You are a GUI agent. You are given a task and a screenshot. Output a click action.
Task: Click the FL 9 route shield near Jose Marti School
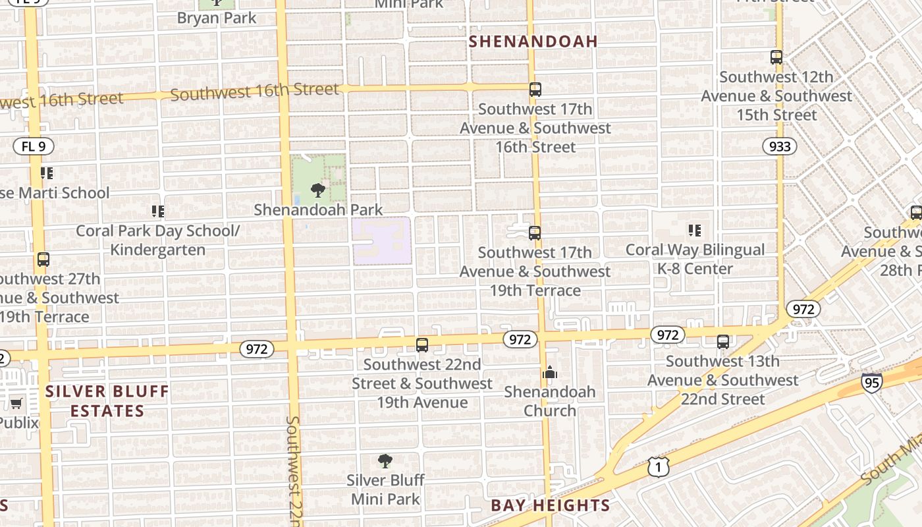pos(33,146)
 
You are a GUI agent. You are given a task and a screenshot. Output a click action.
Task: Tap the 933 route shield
pos(780,146)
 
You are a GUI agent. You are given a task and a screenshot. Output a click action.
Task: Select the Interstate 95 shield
pos(871,383)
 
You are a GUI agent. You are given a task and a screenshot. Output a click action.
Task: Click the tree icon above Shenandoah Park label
pos(318,191)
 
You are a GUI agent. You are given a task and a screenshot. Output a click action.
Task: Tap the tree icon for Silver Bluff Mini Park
pos(385,461)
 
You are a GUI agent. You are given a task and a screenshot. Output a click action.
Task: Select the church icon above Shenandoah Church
pos(550,373)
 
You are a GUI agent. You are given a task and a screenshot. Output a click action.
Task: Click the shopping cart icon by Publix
pos(16,403)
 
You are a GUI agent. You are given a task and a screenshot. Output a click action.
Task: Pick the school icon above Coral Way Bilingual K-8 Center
pos(695,230)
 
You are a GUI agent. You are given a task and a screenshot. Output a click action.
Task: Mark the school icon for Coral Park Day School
pos(157,211)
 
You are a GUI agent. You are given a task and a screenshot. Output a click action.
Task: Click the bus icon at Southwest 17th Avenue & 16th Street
pos(535,89)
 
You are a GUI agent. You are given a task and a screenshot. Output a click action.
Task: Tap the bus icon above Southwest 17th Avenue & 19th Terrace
pos(535,233)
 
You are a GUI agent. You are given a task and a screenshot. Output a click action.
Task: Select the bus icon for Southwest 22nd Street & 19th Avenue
pos(422,345)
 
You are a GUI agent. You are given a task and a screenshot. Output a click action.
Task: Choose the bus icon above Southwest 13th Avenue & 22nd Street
pos(722,341)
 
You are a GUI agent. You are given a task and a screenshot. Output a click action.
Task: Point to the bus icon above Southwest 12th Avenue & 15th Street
pos(776,57)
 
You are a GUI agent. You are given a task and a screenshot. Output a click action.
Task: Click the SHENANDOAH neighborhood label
pos(533,42)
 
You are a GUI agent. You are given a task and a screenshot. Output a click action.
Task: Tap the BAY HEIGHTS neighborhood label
pos(550,506)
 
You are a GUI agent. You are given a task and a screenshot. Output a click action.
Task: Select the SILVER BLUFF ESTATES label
pos(107,401)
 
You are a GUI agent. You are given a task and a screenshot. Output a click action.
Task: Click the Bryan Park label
pos(217,18)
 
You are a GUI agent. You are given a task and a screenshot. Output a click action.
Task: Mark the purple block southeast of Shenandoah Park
pos(382,241)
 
